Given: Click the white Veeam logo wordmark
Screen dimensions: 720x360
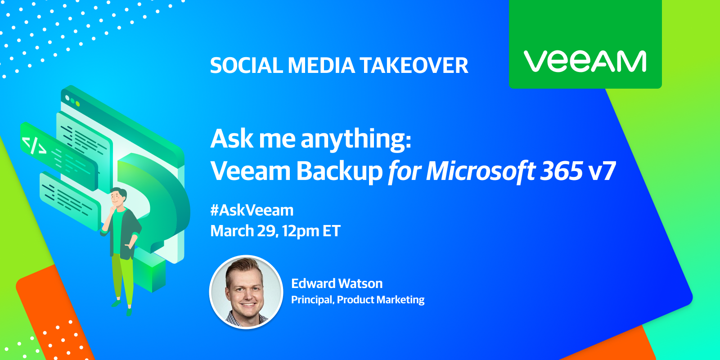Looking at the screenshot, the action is point(585,61).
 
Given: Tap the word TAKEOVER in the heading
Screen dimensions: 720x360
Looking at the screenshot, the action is point(414,65).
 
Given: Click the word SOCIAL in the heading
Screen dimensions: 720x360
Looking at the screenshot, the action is point(246,65).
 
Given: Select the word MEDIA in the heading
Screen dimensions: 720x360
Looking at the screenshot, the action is point(321,65).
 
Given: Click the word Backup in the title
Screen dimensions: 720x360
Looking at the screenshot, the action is point(339,171).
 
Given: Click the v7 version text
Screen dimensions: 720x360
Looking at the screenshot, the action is point(602,171).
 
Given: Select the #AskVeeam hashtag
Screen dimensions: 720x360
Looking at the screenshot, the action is point(252,211).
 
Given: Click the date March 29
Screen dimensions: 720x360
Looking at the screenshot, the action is point(244,231).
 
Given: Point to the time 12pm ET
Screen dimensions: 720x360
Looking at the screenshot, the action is point(311,231).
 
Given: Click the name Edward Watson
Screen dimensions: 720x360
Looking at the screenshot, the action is point(337,283).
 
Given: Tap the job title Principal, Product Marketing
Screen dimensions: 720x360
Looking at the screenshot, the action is point(358,300).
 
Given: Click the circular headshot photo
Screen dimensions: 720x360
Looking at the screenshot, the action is point(246,292).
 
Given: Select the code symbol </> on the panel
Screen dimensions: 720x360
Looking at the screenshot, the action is point(34,145).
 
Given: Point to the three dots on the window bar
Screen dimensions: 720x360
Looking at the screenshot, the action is point(72,101).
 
